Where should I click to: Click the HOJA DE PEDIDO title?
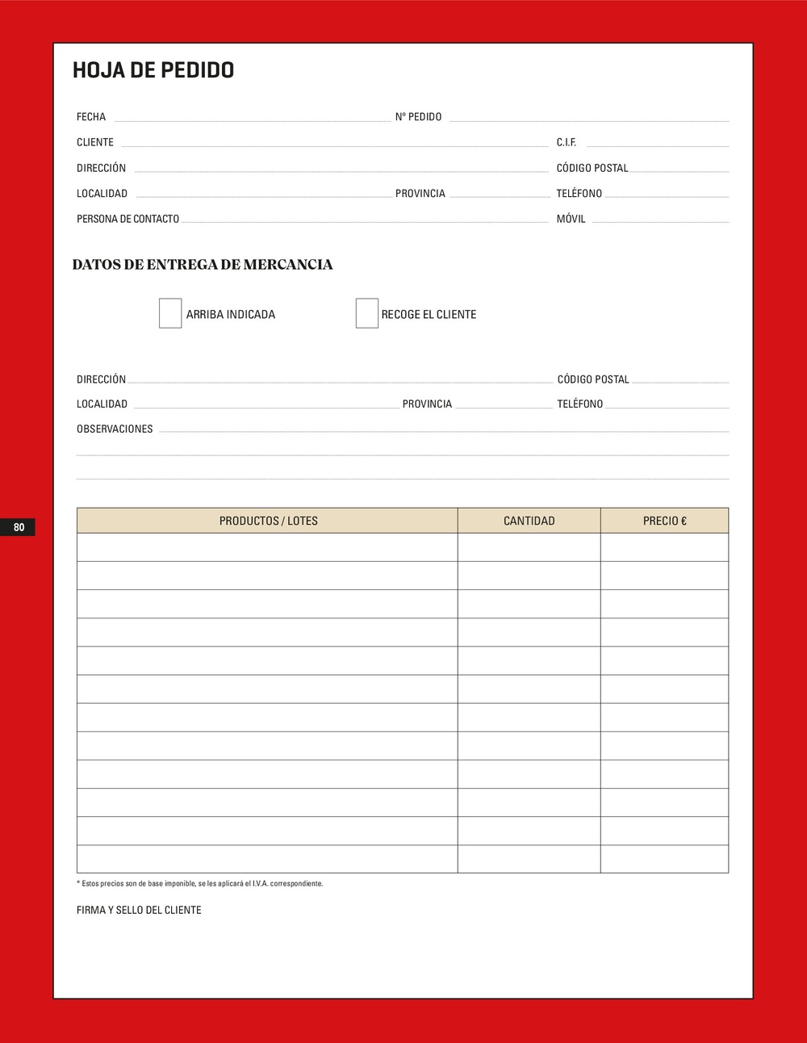point(153,70)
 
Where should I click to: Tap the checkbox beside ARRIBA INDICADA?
point(170,313)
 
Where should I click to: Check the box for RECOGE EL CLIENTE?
point(367,313)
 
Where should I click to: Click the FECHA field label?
point(91,117)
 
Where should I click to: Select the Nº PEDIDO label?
point(418,117)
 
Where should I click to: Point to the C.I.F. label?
point(567,142)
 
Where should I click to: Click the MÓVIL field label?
point(571,219)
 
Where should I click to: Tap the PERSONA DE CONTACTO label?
point(128,219)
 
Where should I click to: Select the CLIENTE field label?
point(95,142)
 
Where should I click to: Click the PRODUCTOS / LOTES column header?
point(268,521)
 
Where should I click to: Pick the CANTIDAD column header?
point(529,521)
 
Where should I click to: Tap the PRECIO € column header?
point(664,521)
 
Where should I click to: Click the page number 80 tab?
point(19,527)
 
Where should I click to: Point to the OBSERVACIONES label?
point(115,429)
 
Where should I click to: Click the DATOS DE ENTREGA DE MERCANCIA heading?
point(202,265)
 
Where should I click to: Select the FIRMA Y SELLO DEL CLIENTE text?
point(139,910)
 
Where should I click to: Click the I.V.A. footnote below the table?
point(199,883)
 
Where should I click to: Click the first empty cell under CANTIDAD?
point(529,547)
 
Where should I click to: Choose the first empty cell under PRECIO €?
point(664,547)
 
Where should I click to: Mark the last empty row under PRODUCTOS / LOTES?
point(268,859)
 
